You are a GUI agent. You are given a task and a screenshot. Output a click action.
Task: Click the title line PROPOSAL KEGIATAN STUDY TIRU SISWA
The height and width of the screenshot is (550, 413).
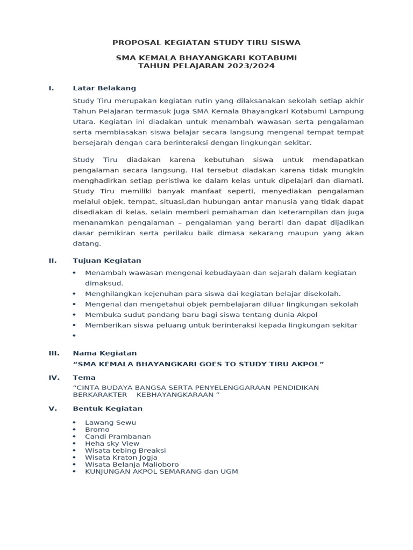tap(206, 42)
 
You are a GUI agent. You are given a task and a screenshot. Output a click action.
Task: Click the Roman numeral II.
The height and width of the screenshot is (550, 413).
tap(53, 260)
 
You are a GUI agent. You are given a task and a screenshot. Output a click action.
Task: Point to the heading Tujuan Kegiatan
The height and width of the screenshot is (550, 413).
tap(107, 260)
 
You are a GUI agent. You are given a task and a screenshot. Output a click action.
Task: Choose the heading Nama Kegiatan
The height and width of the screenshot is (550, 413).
tap(105, 353)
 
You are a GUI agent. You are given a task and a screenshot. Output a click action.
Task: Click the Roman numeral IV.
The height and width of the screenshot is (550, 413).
tap(53, 378)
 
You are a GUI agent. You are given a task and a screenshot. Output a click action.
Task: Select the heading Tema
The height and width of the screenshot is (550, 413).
tap(84, 378)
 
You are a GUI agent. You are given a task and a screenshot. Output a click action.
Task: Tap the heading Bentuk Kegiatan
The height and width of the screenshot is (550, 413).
tap(108, 408)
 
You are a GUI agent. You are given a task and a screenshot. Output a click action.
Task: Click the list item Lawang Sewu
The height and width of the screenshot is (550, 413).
tap(106, 423)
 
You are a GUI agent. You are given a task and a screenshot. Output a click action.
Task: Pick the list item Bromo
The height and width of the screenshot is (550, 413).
tap(97, 430)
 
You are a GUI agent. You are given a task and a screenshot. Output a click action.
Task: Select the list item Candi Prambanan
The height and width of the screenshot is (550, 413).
tap(118, 437)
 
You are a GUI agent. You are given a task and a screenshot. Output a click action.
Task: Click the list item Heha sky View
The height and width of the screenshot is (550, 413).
tap(112, 444)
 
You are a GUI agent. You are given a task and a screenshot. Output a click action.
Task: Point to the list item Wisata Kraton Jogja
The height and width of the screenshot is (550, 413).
tap(121, 458)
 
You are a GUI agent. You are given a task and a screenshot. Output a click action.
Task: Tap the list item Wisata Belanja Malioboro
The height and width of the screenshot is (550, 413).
tap(132, 465)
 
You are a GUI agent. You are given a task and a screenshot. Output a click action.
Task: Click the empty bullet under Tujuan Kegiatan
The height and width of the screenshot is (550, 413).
tap(74, 336)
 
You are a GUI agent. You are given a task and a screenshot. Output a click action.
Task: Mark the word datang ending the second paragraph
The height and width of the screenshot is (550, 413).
tap(87, 243)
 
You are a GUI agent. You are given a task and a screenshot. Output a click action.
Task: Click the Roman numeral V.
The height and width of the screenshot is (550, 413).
tap(53, 408)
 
